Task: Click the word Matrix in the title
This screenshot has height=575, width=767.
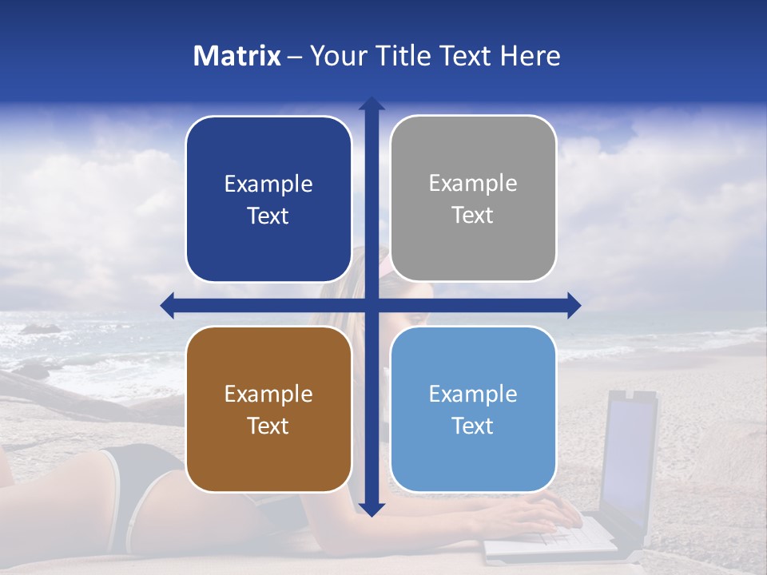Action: click(237, 56)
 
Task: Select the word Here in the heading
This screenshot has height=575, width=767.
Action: click(530, 56)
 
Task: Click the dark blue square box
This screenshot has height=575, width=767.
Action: click(268, 199)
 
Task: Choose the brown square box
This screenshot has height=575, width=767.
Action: click(268, 409)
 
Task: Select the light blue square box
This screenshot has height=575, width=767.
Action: click(473, 409)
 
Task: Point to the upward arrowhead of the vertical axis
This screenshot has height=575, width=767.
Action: click(372, 104)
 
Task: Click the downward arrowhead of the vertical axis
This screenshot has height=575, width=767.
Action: click(372, 509)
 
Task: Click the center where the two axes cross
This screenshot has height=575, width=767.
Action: click(372, 305)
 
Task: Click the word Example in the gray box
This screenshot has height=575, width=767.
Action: click(473, 184)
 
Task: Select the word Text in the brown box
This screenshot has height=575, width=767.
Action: click(268, 426)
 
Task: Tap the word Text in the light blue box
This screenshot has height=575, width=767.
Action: click(473, 426)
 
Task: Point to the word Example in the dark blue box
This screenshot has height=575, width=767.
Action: click(268, 184)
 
